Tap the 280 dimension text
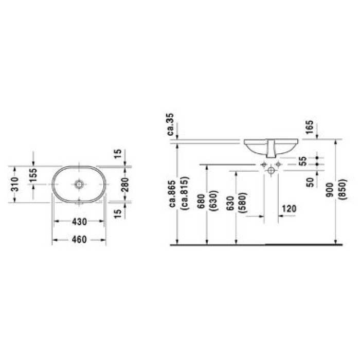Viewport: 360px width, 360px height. (x=123, y=184)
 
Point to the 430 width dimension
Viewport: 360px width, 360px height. (x=79, y=221)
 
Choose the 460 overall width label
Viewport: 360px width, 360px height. (x=79, y=239)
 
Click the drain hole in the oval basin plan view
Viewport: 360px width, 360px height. (x=79, y=184)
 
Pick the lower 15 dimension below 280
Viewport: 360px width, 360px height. (x=118, y=213)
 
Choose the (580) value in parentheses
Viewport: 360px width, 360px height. (x=241, y=200)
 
